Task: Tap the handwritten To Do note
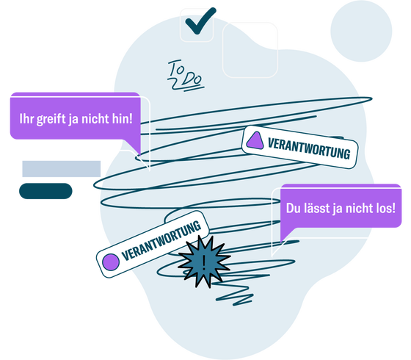click(x=184, y=73)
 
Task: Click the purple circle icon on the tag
click(x=111, y=261)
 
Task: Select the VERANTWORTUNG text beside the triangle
click(x=308, y=148)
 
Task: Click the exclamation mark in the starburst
click(x=204, y=260)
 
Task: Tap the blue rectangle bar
click(x=61, y=168)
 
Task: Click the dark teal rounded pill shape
click(x=46, y=191)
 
